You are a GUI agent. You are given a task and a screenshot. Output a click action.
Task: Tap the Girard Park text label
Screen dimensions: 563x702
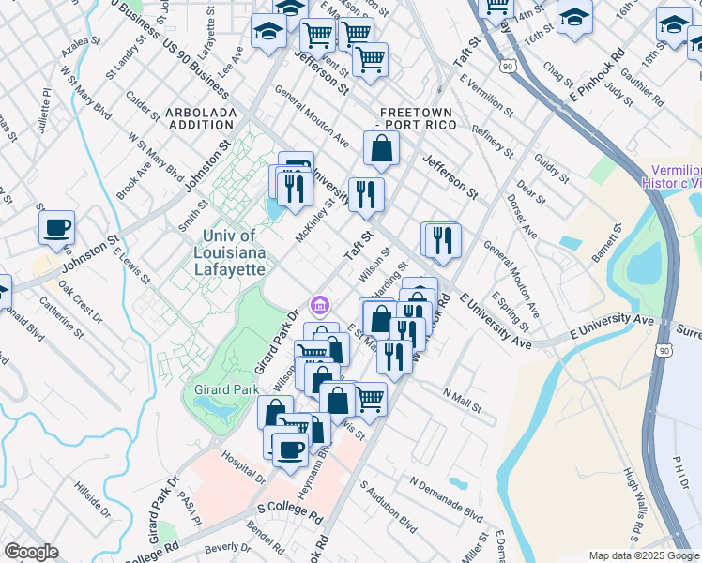pyautogui.click(x=221, y=388)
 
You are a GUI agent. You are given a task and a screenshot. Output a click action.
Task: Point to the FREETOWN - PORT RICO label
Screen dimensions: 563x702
pyautogui.click(x=414, y=117)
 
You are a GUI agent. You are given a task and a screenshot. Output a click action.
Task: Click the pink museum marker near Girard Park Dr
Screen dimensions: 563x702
pyautogui.click(x=319, y=306)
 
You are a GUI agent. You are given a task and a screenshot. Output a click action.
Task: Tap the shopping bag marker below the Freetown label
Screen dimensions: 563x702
pyautogui.click(x=382, y=148)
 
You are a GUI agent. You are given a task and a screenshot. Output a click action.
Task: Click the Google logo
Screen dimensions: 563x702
pyautogui.click(x=31, y=552)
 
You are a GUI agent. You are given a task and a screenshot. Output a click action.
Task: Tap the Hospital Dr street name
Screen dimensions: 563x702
pyautogui.click(x=242, y=466)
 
